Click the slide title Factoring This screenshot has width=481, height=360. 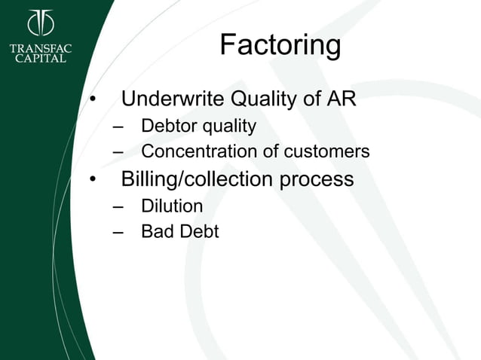280,46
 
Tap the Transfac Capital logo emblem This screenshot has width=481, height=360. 41,23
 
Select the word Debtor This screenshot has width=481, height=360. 167,125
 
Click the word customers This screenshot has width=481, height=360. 326,151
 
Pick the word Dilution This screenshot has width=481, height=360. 172,205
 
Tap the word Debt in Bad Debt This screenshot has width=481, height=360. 198,231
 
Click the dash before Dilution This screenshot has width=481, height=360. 118,206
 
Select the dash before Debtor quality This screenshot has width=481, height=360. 118,126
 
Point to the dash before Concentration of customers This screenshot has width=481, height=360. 118,152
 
